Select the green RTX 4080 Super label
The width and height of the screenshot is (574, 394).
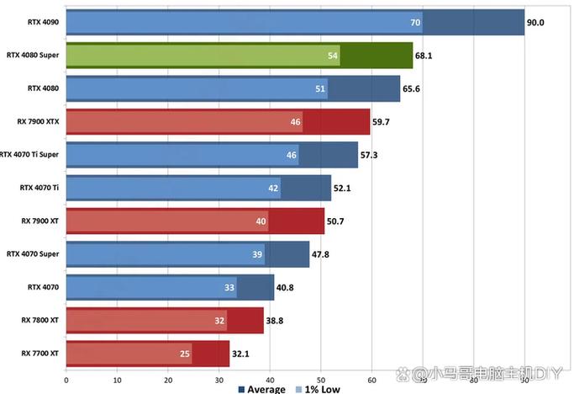[x=33, y=56]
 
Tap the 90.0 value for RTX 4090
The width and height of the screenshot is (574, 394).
[x=535, y=23]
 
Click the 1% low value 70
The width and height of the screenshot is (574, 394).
[x=415, y=23]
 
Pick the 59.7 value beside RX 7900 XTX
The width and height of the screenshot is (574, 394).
[x=382, y=122]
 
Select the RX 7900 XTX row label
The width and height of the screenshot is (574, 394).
[x=38, y=121]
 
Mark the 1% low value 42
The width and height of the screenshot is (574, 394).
[x=273, y=188]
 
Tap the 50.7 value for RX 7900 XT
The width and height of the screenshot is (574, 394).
[x=335, y=221]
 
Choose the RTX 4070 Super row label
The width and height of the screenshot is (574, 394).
[x=32, y=253]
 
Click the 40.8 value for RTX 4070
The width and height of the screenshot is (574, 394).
[x=285, y=287]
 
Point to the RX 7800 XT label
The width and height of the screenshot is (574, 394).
[x=39, y=320]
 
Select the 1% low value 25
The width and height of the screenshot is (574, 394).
[x=185, y=354]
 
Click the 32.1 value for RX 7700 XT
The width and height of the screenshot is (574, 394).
[x=240, y=354]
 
